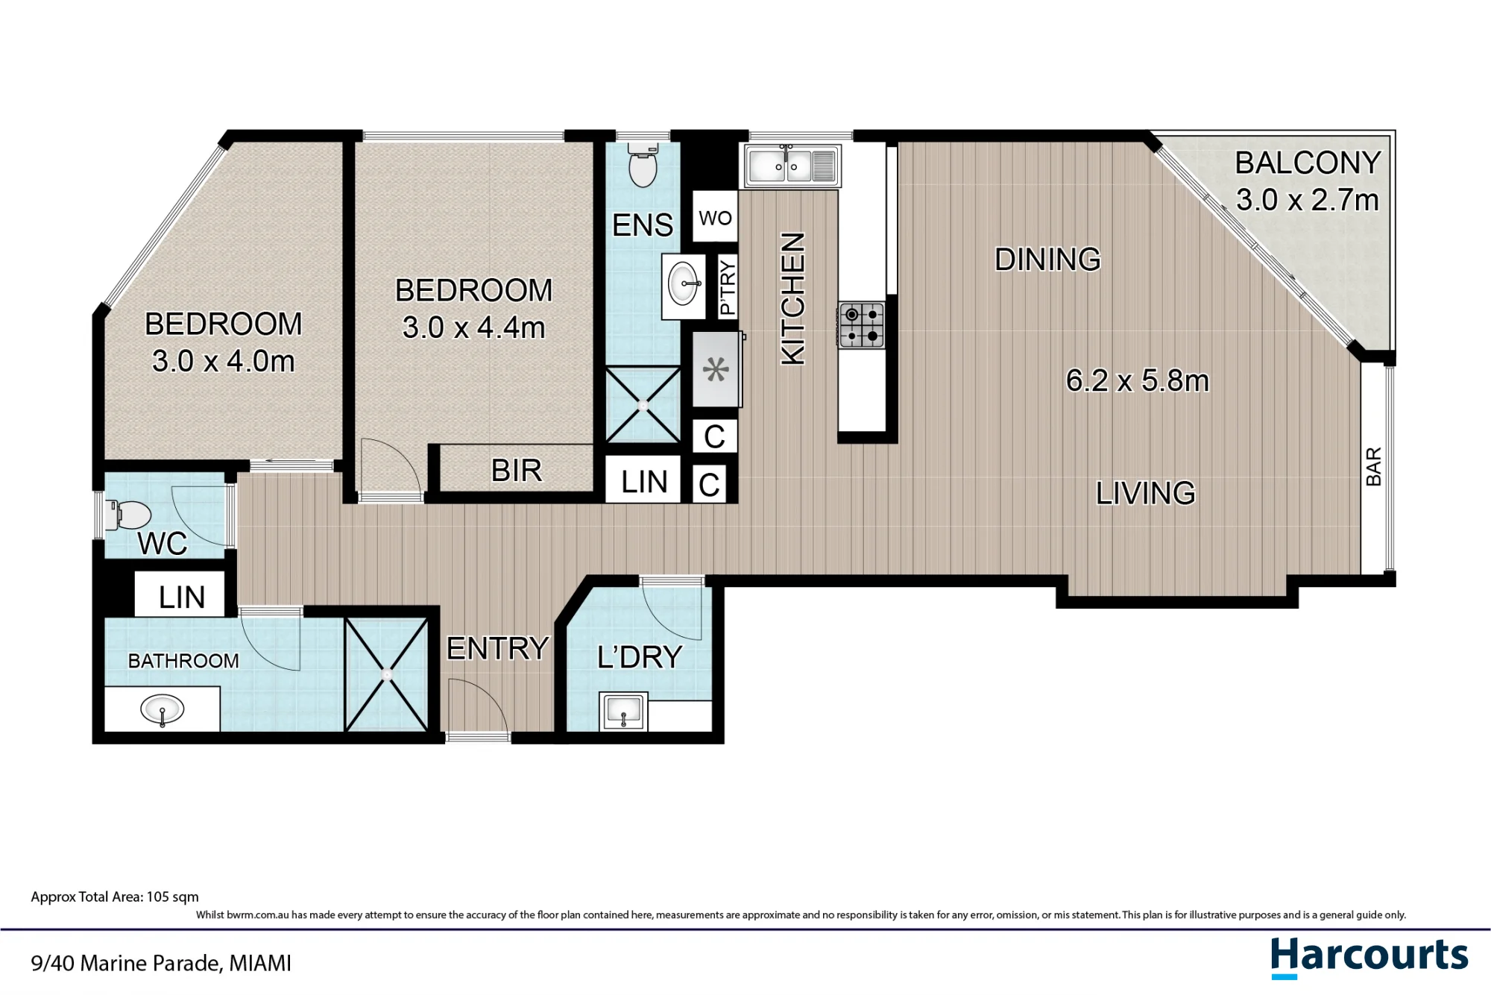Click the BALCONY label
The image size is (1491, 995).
1308,163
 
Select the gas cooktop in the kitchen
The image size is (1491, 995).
862,325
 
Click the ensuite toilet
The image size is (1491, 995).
643,166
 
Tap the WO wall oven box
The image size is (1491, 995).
715,217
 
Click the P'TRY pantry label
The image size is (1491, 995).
728,286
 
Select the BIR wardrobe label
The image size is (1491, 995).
517,471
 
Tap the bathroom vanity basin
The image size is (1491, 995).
162,709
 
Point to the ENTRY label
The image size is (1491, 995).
497,648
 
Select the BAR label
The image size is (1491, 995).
1373,466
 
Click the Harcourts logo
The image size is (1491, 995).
1369,957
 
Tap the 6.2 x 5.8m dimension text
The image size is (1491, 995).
1137,380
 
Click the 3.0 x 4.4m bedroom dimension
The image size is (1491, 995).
473,327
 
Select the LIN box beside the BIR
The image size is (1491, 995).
644,481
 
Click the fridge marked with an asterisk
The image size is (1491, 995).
716,369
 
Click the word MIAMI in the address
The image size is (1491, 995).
259,963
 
